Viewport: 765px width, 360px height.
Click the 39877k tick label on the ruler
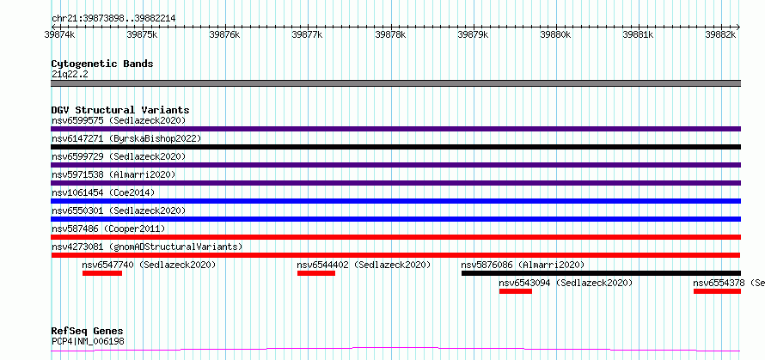tap(306, 35)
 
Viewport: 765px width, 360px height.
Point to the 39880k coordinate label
tap(554, 35)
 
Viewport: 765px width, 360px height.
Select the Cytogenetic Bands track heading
tap(102, 64)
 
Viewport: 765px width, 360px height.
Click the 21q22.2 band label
tap(70, 74)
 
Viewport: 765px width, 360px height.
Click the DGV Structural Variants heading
tap(120, 110)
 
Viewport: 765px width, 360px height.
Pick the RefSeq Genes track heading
tap(87, 331)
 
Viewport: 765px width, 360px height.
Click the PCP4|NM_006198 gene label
tap(88, 341)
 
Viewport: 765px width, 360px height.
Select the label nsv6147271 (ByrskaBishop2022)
tap(125, 138)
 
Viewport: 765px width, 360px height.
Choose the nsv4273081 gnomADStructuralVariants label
tap(147, 247)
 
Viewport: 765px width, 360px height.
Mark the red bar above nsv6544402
tap(315, 273)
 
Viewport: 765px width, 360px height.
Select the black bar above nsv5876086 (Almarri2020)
tap(601, 273)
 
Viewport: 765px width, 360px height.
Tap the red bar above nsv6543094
tap(516, 291)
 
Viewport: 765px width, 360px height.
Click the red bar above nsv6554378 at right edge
tap(717, 291)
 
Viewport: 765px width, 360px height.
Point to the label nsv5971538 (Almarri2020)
tap(113, 174)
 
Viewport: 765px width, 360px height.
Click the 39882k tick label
tap(720, 35)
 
